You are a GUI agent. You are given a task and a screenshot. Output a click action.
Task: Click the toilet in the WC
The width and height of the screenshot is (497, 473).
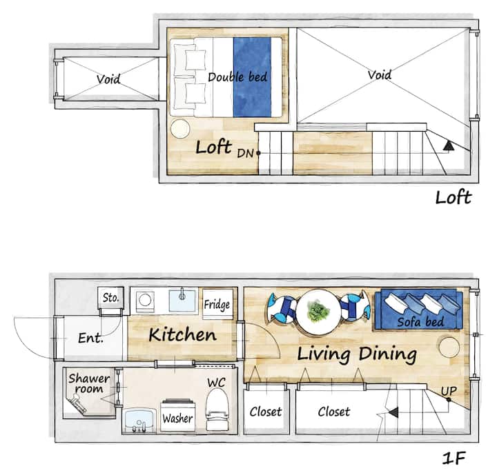(x=217, y=410)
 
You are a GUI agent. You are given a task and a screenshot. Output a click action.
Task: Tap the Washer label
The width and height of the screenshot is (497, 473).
(x=177, y=419)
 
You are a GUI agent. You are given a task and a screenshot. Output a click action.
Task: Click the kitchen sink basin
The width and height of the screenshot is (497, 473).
(x=182, y=301)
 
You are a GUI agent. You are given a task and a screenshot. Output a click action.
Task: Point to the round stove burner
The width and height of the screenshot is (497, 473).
(x=145, y=299)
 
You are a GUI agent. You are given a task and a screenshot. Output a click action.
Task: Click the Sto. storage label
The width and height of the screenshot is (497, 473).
(x=110, y=298)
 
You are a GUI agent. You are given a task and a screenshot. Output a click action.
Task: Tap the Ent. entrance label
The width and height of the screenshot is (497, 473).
(x=90, y=338)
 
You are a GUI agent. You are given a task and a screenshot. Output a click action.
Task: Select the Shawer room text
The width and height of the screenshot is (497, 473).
(x=89, y=383)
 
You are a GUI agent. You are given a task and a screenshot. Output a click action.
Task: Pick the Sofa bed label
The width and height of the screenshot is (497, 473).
(x=420, y=322)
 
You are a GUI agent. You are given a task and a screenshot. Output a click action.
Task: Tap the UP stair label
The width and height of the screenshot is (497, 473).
(x=449, y=392)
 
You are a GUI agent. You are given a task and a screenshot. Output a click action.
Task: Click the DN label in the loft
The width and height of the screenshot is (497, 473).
(x=245, y=154)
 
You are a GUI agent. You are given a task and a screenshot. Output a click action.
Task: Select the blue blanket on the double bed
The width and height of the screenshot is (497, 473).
(x=253, y=77)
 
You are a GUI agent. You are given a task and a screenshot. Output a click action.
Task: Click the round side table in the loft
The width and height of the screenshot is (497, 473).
(x=180, y=128)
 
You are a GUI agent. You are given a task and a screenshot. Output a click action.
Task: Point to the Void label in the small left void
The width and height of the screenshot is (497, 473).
(x=108, y=79)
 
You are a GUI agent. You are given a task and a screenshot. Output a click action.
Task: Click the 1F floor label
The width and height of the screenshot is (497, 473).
(x=454, y=458)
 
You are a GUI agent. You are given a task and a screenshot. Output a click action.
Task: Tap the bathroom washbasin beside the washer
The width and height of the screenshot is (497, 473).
(x=139, y=421)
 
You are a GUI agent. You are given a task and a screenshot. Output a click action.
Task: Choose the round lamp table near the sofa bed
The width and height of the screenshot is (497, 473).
(x=449, y=348)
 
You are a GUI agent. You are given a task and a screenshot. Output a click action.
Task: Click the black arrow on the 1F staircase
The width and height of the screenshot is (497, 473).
(x=393, y=412)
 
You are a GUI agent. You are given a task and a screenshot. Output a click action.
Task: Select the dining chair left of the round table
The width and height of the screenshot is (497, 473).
(x=281, y=308)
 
